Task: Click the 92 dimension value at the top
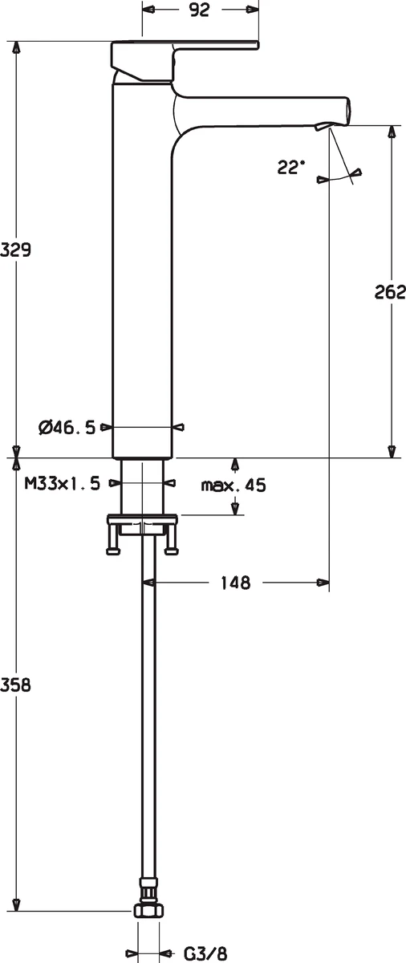[x=199, y=10]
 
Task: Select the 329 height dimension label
[x=15, y=250]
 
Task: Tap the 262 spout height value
[x=390, y=292]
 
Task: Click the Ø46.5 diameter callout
[x=67, y=428]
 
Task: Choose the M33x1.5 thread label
[x=63, y=484]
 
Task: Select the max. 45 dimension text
[x=233, y=486]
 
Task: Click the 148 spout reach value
[x=235, y=583]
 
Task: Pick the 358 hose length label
[x=15, y=685]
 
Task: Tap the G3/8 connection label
[x=205, y=953]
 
